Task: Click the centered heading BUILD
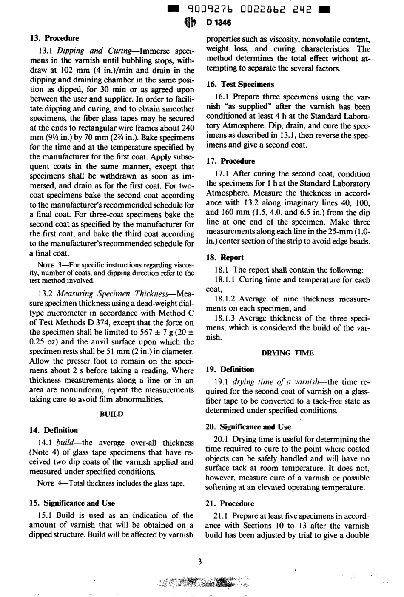[111, 414]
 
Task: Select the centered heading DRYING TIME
[287, 353]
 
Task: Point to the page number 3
[200, 562]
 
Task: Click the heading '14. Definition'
[53, 430]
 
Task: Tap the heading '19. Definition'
[230, 370]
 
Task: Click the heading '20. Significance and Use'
[248, 427]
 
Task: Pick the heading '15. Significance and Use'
[72, 503]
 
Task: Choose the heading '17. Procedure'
[230, 161]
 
